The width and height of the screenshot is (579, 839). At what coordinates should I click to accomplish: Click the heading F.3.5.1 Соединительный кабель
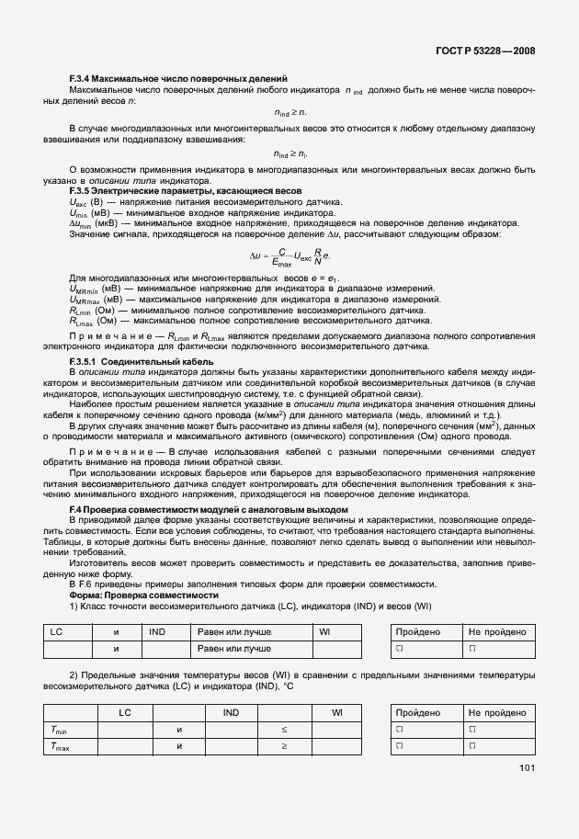tap(142, 361)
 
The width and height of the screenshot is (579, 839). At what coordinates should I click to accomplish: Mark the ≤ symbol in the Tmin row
tap(284, 730)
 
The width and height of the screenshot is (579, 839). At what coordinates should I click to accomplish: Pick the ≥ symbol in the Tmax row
tap(284, 747)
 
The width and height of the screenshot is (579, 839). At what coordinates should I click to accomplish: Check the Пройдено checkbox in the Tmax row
tap(400, 747)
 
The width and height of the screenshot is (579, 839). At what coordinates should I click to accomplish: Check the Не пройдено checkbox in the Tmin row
tap(471, 730)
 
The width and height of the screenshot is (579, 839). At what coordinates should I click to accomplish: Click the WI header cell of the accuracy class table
tap(324, 632)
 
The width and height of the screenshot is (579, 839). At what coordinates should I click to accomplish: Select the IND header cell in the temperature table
tap(232, 712)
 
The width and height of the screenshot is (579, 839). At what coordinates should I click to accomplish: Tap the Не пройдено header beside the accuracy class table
tap(497, 632)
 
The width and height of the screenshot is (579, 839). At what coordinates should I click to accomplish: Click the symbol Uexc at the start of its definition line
tap(78, 200)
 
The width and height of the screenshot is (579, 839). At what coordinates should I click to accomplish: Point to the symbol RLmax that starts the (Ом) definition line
tap(81, 321)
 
